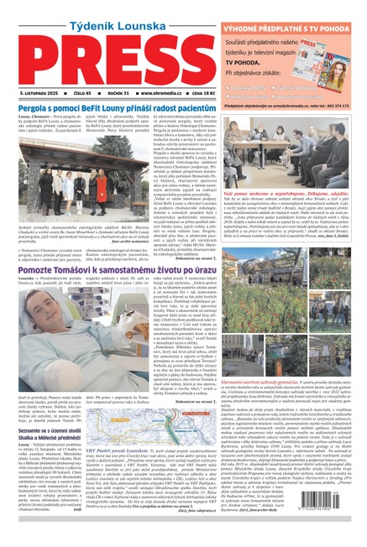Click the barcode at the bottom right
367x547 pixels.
point(330,524)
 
